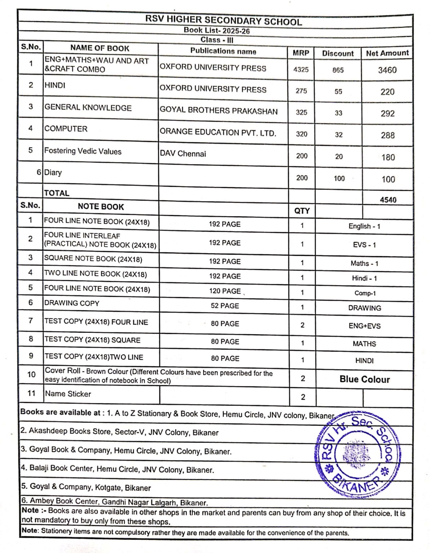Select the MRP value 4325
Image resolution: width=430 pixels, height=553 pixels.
301,69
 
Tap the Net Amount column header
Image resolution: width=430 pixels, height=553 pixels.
387,53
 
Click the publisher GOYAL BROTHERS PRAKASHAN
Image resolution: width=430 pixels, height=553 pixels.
218,111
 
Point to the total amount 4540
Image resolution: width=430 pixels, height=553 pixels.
388,200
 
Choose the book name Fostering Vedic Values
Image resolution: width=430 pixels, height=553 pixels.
83,151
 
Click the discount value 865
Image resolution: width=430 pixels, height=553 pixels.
338,70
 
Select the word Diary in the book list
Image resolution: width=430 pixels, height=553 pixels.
53,172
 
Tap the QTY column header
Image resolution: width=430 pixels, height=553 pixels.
302,211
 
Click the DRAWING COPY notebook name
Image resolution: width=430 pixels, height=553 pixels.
72,303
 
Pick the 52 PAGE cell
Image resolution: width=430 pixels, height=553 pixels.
225,306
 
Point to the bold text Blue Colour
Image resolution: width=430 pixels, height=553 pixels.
364,379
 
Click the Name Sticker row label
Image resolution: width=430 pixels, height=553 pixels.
68,394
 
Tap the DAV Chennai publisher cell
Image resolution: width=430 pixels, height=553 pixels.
183,154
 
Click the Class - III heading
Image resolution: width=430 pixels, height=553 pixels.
217,40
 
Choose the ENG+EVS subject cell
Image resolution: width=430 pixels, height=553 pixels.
364,326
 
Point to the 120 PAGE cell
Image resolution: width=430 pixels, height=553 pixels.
225,291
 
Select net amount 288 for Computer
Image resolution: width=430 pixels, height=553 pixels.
388,135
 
